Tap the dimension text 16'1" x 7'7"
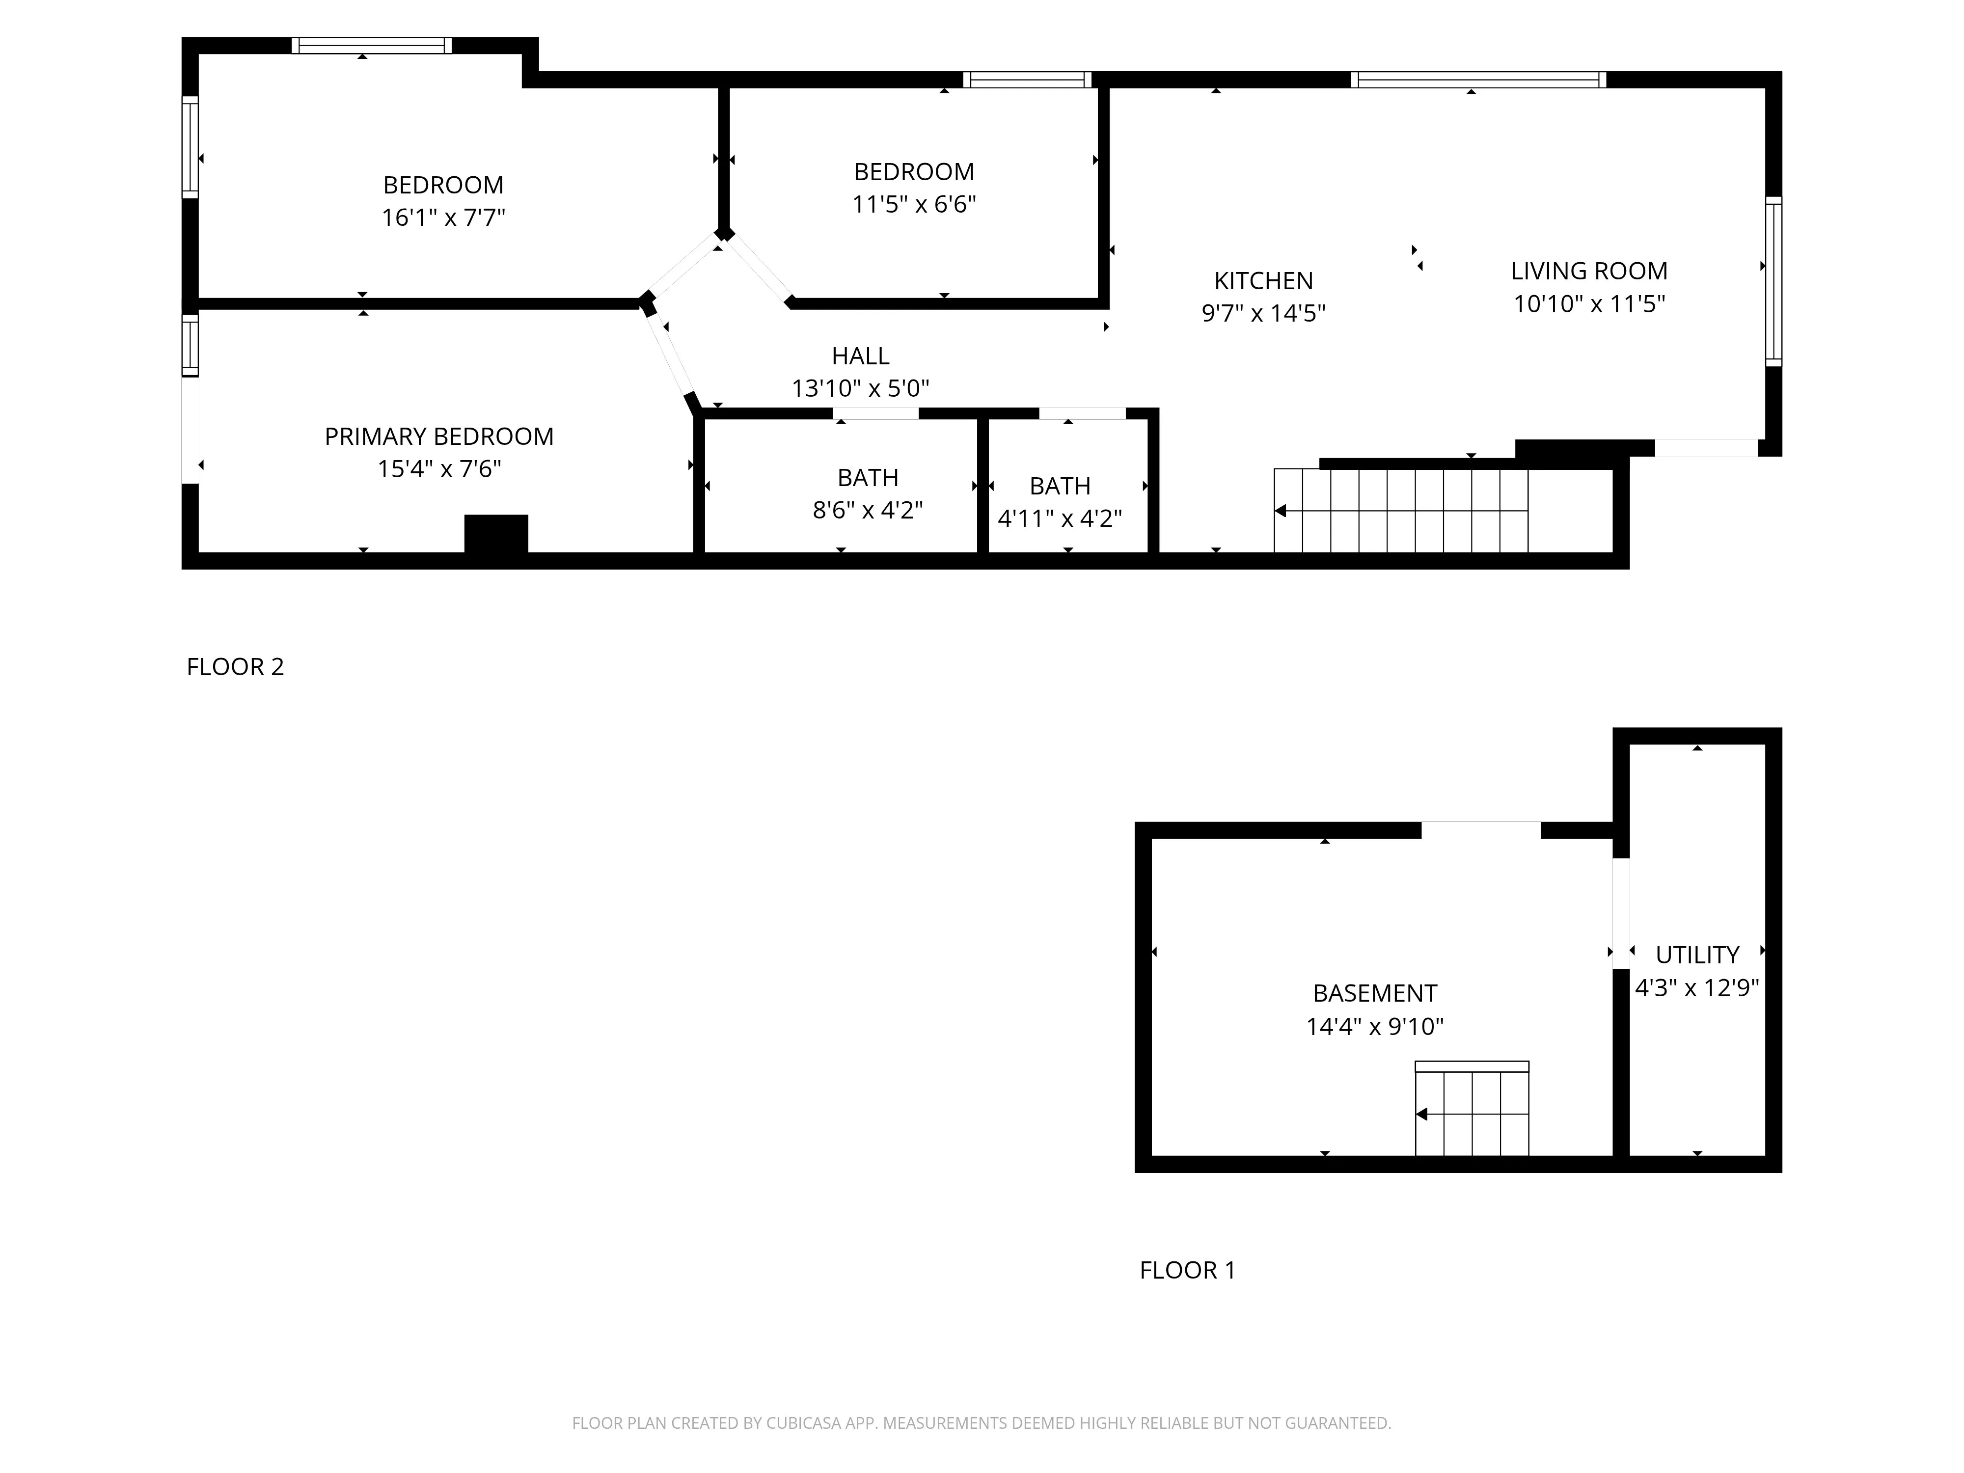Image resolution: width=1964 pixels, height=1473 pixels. point(443,218)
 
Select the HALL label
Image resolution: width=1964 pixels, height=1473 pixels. point(859,356)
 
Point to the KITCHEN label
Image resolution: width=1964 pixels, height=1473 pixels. point(1262,280)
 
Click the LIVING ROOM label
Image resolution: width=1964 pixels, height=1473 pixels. point(1588,271)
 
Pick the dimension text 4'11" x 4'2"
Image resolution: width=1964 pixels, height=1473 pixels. point(1059,518)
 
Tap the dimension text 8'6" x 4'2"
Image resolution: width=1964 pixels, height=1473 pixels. point(868,510)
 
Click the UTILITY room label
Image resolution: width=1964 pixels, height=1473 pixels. point(1697,955)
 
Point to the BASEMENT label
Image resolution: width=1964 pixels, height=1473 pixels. point(1374,993)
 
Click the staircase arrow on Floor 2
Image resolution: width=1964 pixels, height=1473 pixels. point(1281,511)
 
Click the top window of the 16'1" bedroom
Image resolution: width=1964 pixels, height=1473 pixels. point(371,45)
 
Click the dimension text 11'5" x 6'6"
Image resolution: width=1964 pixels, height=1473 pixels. point(914,204)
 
